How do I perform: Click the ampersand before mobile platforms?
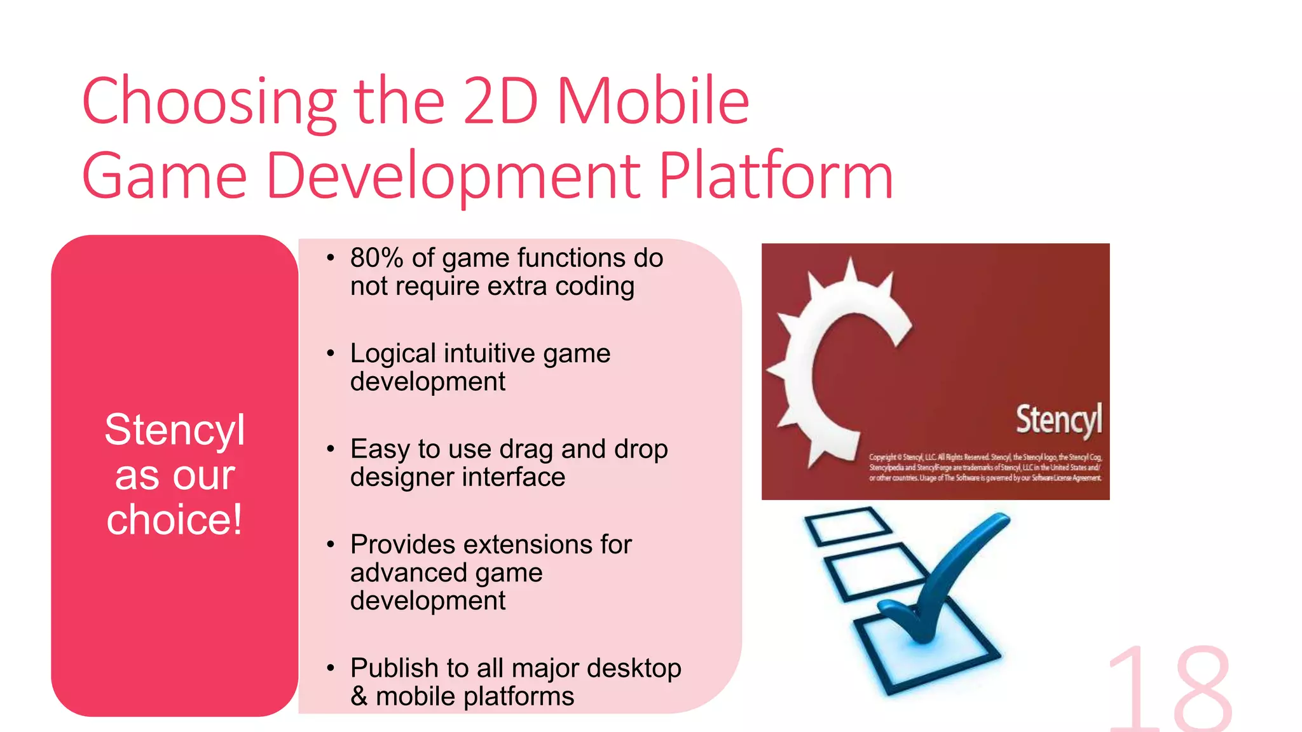[x=359, y=696]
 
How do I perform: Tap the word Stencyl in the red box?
[x=175, y=430]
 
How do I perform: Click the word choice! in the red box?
[x=175, y=520]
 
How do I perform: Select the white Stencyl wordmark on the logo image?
[x=1059, y=419]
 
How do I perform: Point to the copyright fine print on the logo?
[x=985, y=468]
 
